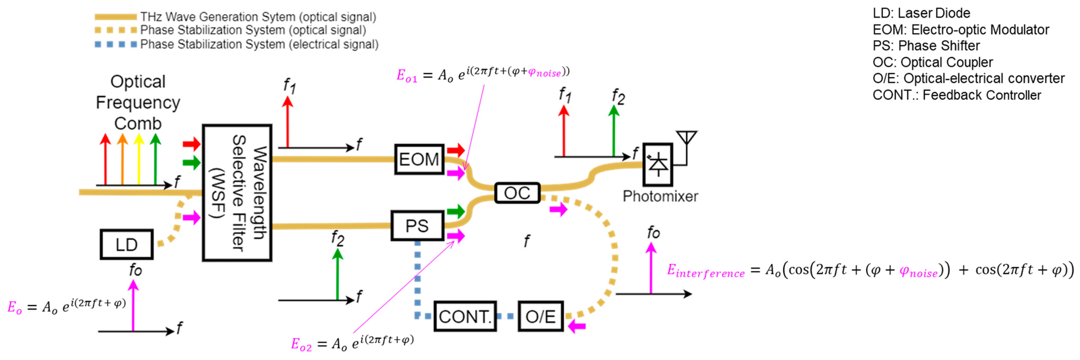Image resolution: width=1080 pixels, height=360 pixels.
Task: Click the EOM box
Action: coord(419,159)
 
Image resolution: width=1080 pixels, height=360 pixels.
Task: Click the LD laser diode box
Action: coord(126,244)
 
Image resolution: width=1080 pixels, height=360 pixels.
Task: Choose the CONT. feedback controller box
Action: coord(465,316)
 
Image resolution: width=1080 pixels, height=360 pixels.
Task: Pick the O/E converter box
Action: coord(540,316)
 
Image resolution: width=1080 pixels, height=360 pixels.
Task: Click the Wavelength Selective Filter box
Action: coord(237,193)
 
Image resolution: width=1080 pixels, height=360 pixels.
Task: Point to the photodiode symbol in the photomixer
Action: coord(657,164)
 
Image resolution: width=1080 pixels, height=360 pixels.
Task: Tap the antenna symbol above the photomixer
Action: coord(686,138)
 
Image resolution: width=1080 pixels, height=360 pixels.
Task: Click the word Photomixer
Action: coord(660,196)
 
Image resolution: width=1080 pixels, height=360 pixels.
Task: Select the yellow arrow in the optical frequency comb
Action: coord(139,159)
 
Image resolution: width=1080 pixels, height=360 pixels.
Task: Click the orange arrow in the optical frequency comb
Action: coord(122,159)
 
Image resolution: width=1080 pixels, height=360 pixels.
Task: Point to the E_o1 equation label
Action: coord(407,76)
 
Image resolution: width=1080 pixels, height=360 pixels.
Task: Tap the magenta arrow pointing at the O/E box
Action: coord(577,326)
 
